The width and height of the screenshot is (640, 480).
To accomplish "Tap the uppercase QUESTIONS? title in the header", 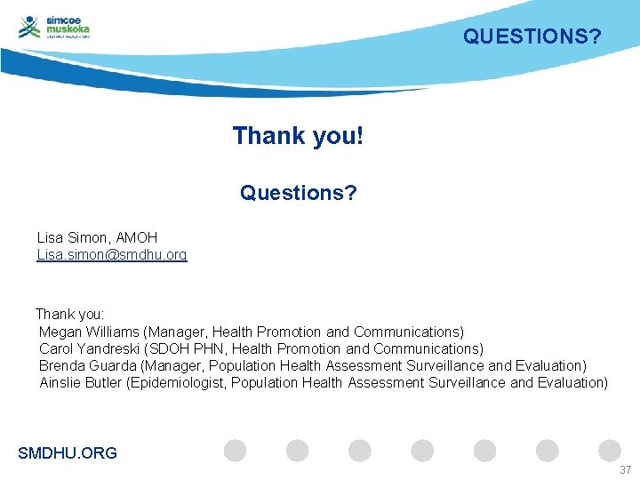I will pos(532,36).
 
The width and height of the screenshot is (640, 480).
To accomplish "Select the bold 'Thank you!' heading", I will pos(298,136).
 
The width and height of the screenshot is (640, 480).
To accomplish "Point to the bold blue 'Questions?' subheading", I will pos(298,192).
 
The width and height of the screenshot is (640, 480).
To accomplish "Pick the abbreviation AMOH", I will pos(137,237).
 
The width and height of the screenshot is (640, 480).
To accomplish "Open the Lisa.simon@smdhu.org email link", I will pos(112,255).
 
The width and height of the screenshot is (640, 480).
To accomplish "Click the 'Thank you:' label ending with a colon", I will pos(70,314).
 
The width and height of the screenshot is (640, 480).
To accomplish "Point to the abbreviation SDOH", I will pos(170,348).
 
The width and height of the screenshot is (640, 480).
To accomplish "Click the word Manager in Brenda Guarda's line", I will pos(177,365).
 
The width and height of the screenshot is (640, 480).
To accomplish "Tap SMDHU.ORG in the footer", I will pos(68,453).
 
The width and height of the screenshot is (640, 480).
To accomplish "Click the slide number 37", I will pos(625,469).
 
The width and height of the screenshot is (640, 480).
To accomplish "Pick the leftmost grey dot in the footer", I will pos(235,451).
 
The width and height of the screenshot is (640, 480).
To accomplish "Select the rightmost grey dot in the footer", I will pos(610,451).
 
